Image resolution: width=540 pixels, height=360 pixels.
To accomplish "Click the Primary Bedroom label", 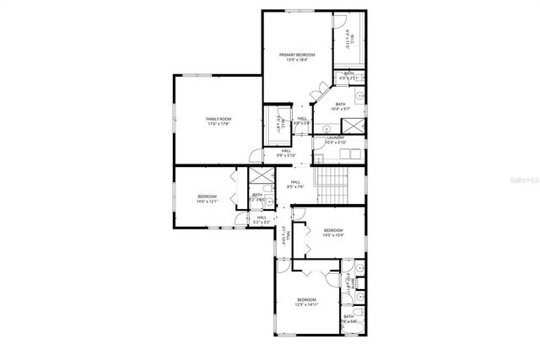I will [297, 55].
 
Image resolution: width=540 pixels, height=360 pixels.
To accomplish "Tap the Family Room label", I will [219, 120].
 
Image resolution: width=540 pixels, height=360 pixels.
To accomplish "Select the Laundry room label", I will [335, 137].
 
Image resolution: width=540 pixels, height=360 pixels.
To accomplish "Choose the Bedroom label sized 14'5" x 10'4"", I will [333, 230].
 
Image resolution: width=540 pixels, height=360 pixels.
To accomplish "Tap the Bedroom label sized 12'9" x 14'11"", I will [305, 300].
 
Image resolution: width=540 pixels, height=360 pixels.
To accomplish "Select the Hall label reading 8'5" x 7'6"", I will [295, 182].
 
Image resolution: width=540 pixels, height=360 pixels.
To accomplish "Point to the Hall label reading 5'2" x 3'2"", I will [262, 218].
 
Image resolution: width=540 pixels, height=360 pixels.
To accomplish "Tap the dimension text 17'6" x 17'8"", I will [219, 125].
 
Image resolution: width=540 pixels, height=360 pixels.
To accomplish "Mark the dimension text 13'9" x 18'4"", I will [297, 60].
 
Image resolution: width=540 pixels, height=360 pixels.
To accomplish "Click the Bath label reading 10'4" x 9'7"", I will [340, 105].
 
